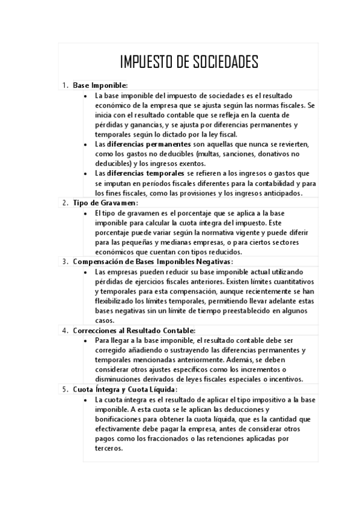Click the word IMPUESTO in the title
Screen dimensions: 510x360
(147, 62)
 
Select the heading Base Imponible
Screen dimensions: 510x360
(100, 85)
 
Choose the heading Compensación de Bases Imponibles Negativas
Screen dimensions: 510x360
(153, 262)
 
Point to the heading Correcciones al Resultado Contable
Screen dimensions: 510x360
(134, 330)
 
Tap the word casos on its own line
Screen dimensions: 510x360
(105, 321)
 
